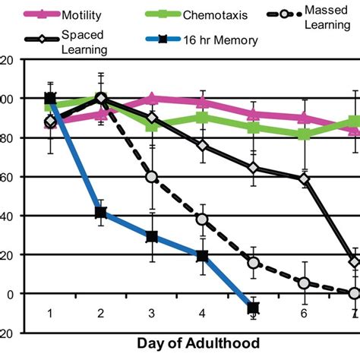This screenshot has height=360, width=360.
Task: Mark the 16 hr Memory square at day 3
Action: click(152, 236)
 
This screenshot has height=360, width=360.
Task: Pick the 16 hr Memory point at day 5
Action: click(253, 308)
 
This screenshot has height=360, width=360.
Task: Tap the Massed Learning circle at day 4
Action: click(203, 219)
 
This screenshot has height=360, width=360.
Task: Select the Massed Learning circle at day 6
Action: click(304, 283)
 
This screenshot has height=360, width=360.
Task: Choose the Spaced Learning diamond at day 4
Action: click(203, 145)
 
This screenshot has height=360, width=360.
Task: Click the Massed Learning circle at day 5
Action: click(253, 263)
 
